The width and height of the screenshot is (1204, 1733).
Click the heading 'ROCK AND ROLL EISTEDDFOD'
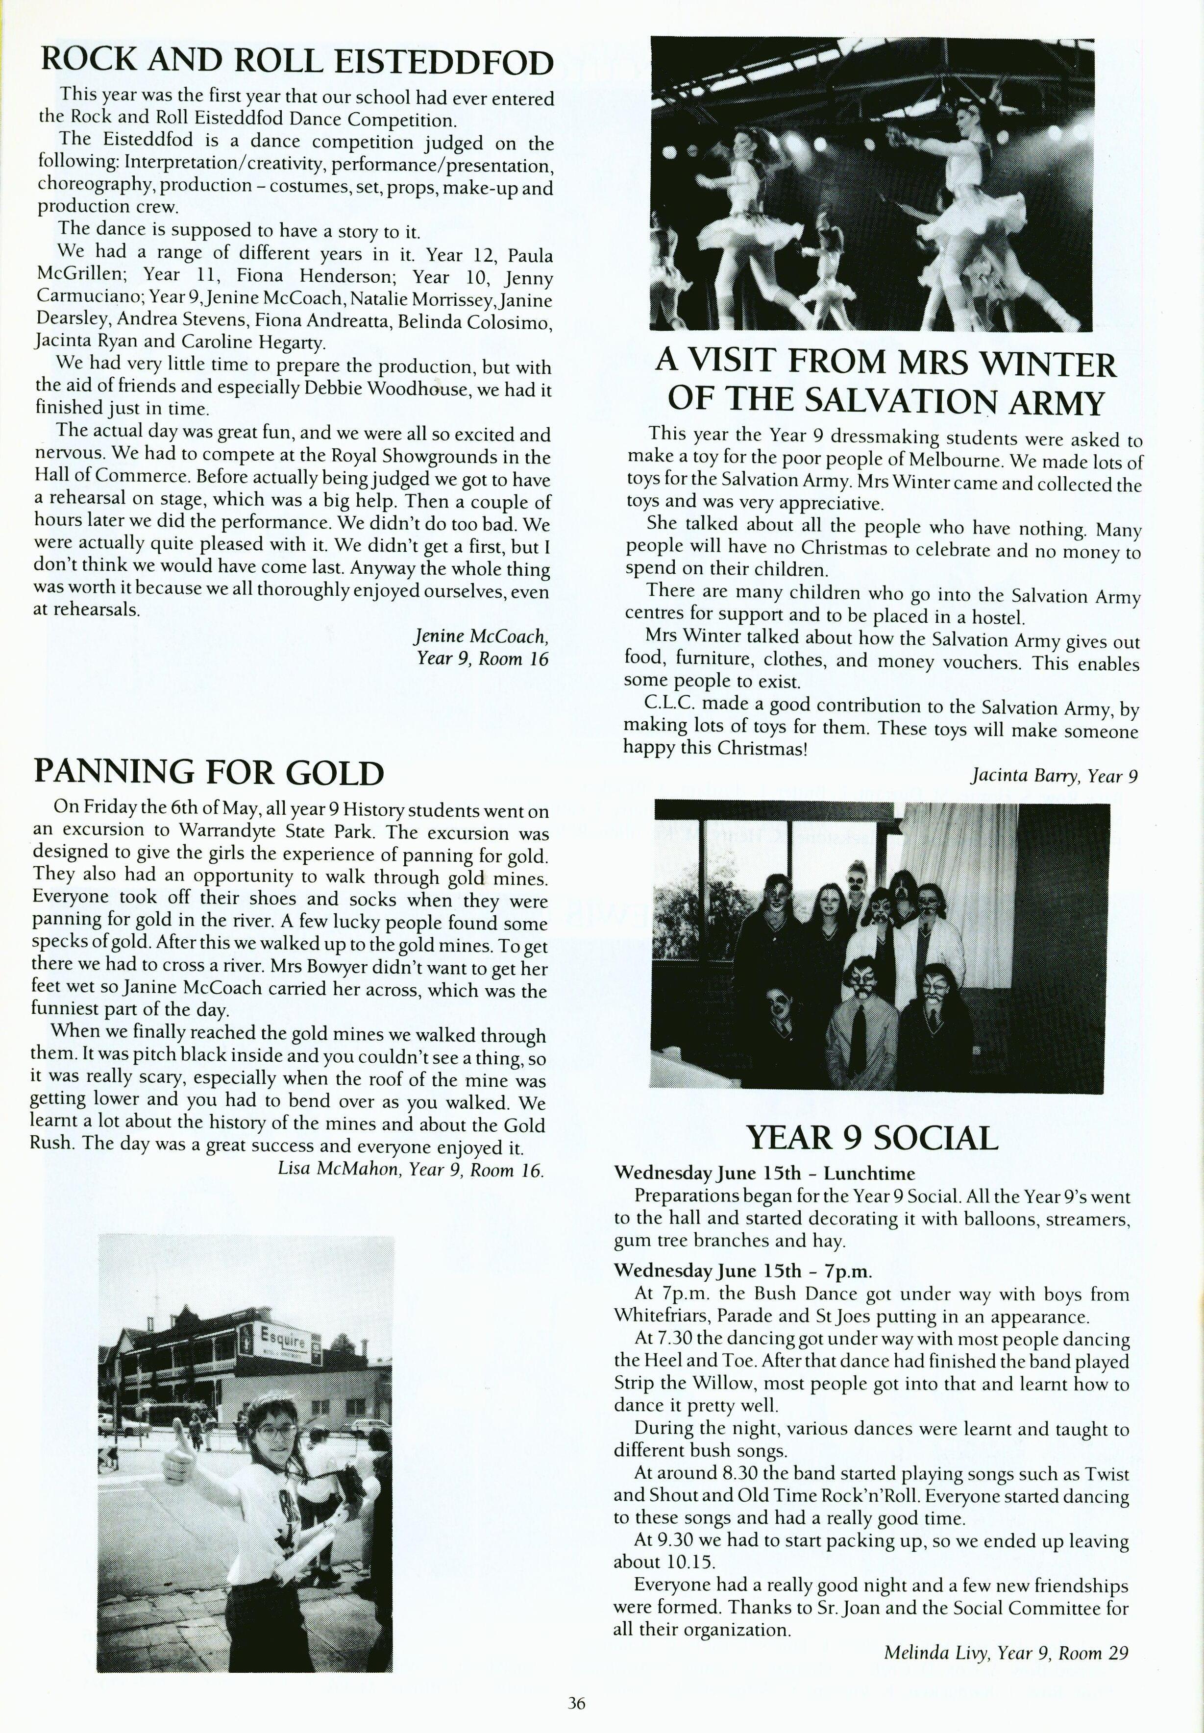[x=296, y=62]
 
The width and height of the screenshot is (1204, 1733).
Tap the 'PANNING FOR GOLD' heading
[x=209, y=772]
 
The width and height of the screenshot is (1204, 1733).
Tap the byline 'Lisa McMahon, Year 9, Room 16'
[x=411, y=1170]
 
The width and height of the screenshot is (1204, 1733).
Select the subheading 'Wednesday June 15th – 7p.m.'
[x=743, y=1270]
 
